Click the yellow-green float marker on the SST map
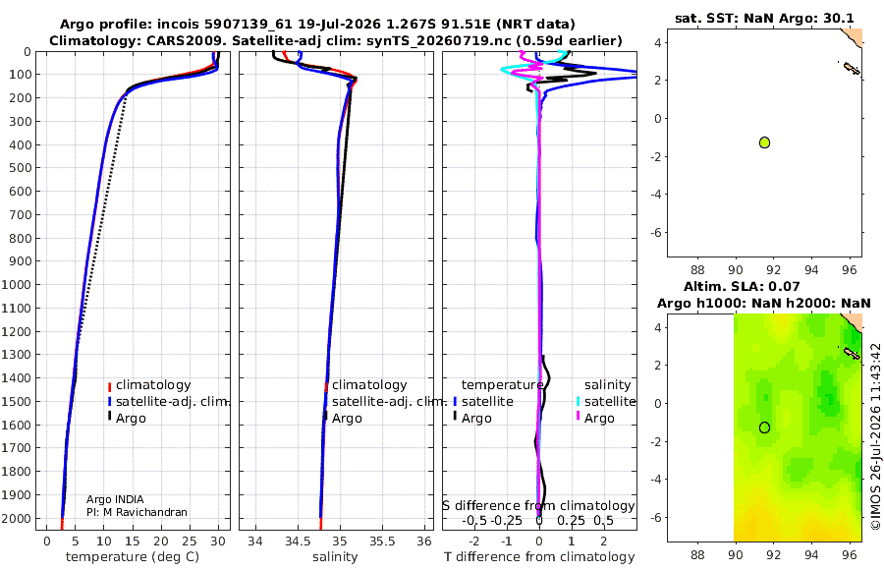(x=764, y=142)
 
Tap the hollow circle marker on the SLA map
(x=764, y=427)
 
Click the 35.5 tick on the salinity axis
(x=382, y=541)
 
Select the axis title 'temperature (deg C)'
(x=133, y=557)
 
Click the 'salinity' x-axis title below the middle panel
(x=335, y=557)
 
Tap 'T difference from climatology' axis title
(x=539, y=557)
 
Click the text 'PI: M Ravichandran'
(x=137, y=512)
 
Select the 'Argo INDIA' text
(x=115, y=499)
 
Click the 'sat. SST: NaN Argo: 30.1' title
(x=764, y=18)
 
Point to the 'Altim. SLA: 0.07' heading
(x=742, y=286)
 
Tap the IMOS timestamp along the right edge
(x=875, y=436)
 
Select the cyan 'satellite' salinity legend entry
(x=606, y=401)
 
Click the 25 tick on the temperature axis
(x=190, y=541)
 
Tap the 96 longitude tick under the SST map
(x=849, y=270)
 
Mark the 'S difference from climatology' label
(x=538, y=506)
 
